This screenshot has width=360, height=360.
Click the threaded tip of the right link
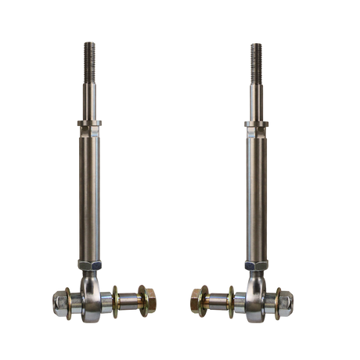click(255, 57)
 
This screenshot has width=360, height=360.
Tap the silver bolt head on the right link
click(286, 301)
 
